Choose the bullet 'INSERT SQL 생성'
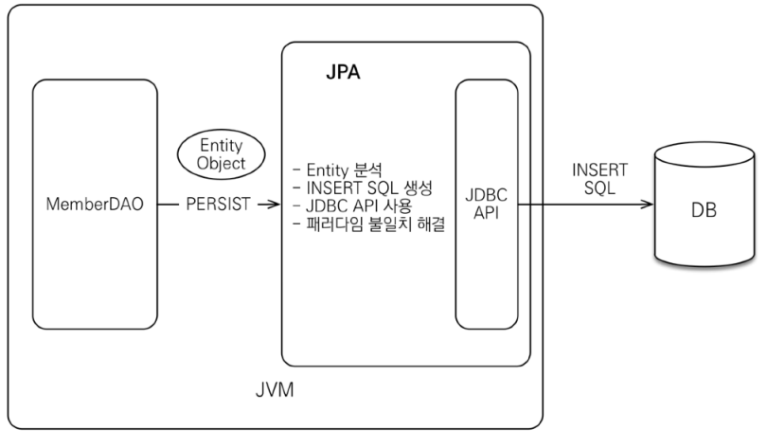(x=364, y=188)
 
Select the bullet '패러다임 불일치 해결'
(x=371, y=224)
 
